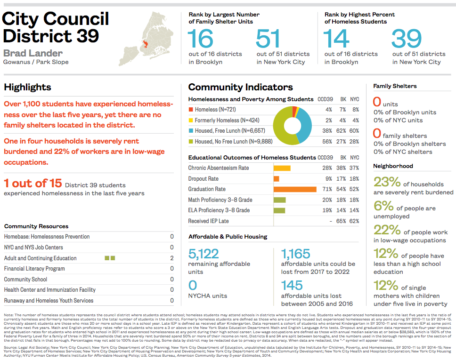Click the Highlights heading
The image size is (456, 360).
point(27,87)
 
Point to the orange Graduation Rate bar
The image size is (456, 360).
point(295,189)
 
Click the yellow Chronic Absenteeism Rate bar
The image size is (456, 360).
point(282,168)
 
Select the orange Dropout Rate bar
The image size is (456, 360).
point(277,179)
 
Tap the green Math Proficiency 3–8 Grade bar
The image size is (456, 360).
point(279,200)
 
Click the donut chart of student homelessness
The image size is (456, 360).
point(293,126)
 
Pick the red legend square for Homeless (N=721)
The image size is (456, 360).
point(191,110)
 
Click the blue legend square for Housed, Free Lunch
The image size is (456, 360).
point(191,131)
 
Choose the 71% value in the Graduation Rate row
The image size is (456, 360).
point(327,189)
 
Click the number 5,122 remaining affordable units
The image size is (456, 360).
point(204,254)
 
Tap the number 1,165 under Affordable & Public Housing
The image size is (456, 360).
point(296,254)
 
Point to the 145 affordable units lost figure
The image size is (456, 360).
point(292,286)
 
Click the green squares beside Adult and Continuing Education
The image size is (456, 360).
point(110,258)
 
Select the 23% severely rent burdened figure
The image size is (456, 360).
point(387,182)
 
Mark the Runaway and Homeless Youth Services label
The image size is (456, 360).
point(49,301)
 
